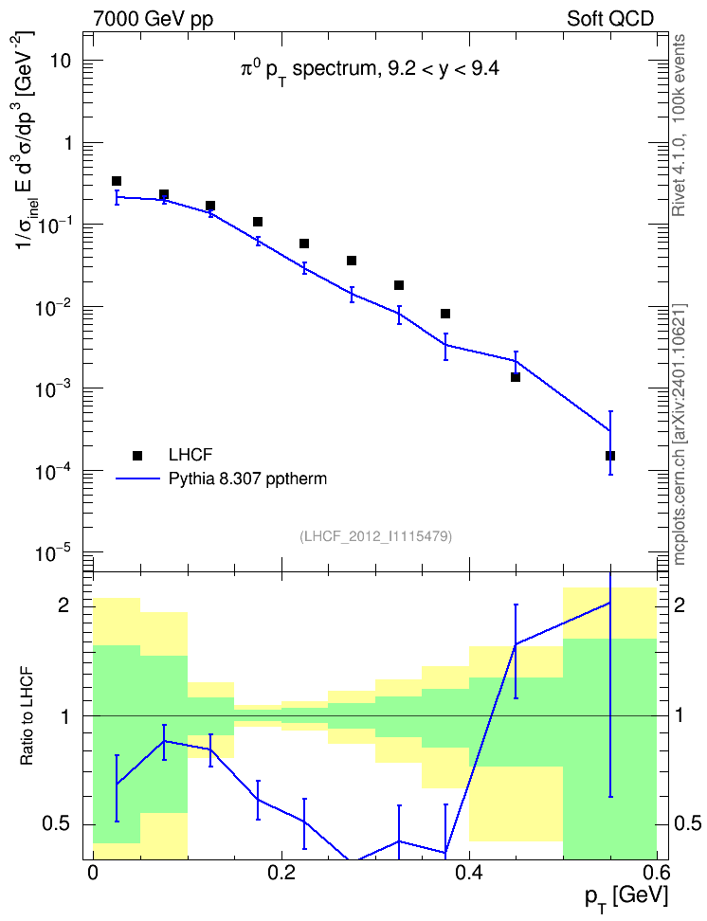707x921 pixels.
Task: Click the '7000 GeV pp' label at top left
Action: coord(153,19)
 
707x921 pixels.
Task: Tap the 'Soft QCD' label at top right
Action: coord(610,19)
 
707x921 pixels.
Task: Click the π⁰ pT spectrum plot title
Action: coord(371,70)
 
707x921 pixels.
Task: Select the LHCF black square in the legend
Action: coord(137,455)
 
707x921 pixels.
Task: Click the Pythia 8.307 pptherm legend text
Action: coord(247,479)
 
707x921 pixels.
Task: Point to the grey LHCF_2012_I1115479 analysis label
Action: coord(375,535)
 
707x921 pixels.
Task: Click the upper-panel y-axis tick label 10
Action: coord(61,61)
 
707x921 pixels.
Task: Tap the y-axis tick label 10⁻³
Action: coord(53,388)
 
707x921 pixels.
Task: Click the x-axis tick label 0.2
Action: coord(281,872)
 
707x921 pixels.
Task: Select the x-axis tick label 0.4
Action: coord(469,872)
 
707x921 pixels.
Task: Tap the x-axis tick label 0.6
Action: coord(657,872)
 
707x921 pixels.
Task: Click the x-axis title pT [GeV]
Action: coord(626,897)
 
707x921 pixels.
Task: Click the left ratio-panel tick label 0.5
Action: coord(57,823)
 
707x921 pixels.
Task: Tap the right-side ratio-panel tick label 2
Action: coord(679,605)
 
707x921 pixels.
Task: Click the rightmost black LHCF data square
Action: coord(610,456)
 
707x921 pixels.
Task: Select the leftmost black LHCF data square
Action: coord(117,181)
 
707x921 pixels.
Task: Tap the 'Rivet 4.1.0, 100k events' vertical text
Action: coord(679,125)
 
